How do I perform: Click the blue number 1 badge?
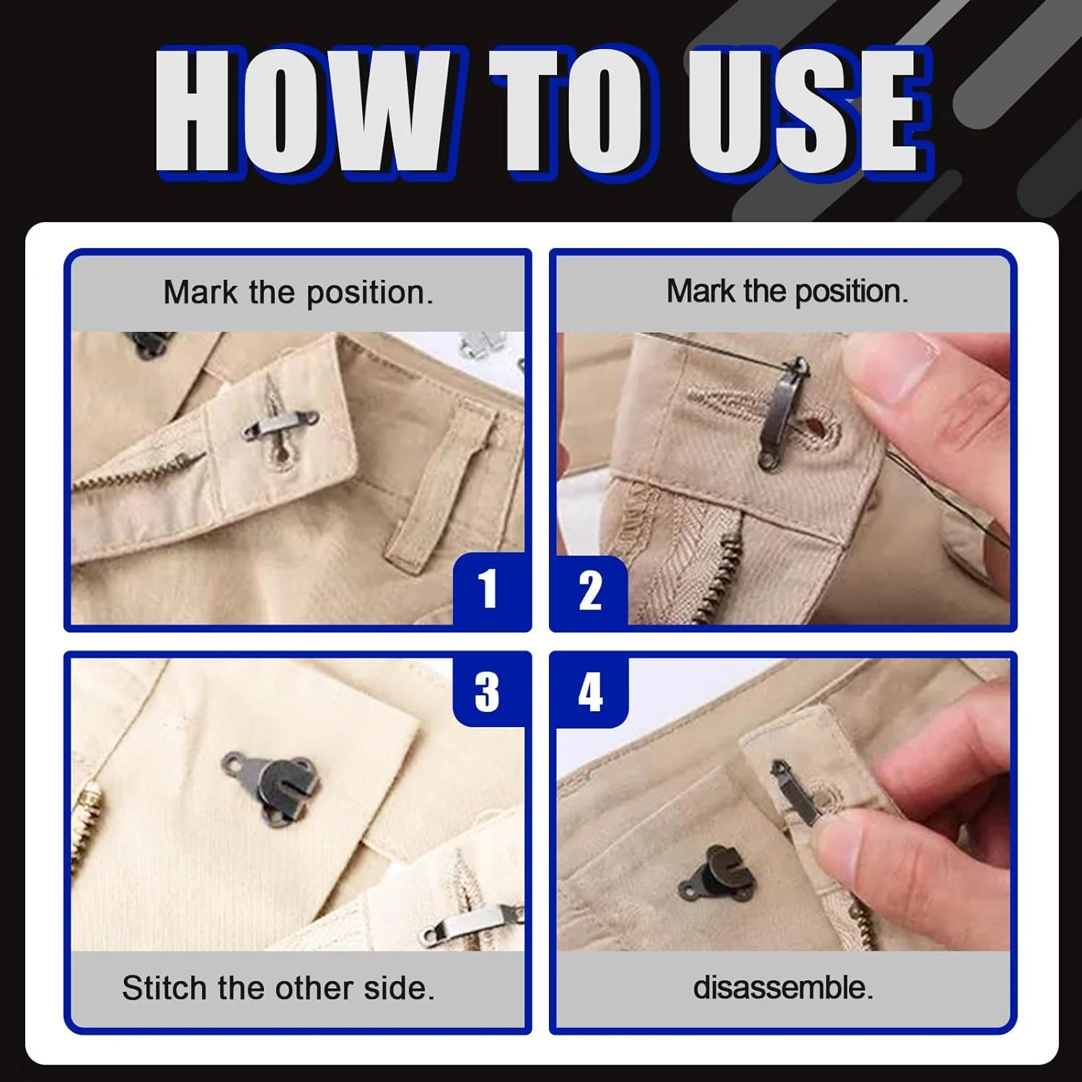pyautogui.click(x=489, y=589)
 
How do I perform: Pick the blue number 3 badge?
pyautogui.click(x=488, y=691)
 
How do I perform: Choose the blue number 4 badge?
pyautogui.click(x=591, y=692)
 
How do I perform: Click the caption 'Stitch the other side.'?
pyautogui.click(x=278, y=988)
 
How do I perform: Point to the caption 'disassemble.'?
pyautogui.click(x=783, y=988)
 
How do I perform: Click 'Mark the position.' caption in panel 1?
pyautogui.click(x=299, y=293)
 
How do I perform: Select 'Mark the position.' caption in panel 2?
pyautogui.click(x=788, y=291)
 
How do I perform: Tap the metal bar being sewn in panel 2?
pyautogui.click(x=782, y=413)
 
